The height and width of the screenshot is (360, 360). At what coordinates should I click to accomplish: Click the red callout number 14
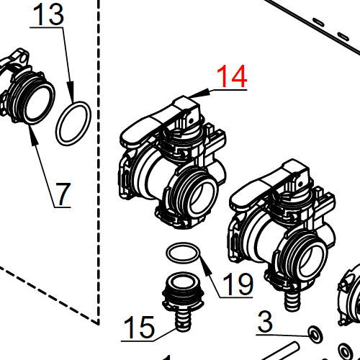(233, 76)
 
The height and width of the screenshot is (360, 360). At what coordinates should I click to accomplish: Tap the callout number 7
(63, 194)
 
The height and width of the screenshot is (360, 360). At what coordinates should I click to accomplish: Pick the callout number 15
(138, 328)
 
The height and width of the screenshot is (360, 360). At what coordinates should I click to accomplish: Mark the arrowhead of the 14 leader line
(193, 94)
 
